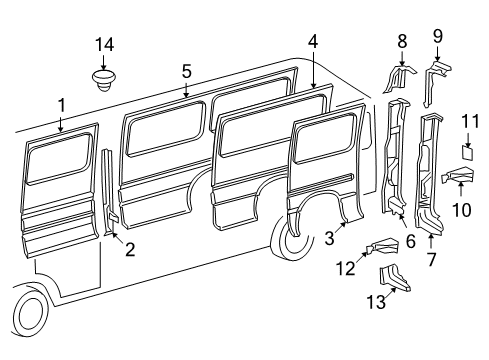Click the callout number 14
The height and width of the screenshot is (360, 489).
105,44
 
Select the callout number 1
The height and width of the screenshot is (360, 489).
61,105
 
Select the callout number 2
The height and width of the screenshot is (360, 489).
130,250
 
